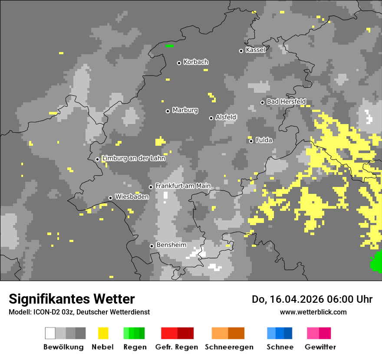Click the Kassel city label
click(x=255, y=50)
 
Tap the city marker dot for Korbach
click(x=179, y=63)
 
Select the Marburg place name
click(x=185, y=110)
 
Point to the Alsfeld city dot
click(x=211, y=118)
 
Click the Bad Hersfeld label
click(x=286, y=101)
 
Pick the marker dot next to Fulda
click(x=251, y=141)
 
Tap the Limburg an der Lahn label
click(x=133, y=158)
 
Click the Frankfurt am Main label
click(x=183, y=186)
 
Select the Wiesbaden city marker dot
click(x=110, y=198)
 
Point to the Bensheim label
click(x=171, y=245)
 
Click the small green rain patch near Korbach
click(x=169, y=46)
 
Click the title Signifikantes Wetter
click(x=72, y=299)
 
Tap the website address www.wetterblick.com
click(x=313, y=312)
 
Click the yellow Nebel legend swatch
click(x=103, y=333)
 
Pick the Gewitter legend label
click(x=320, y=347)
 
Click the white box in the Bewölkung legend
click(x=50, y=333)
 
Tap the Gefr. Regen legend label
click(x=177, y=347)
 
